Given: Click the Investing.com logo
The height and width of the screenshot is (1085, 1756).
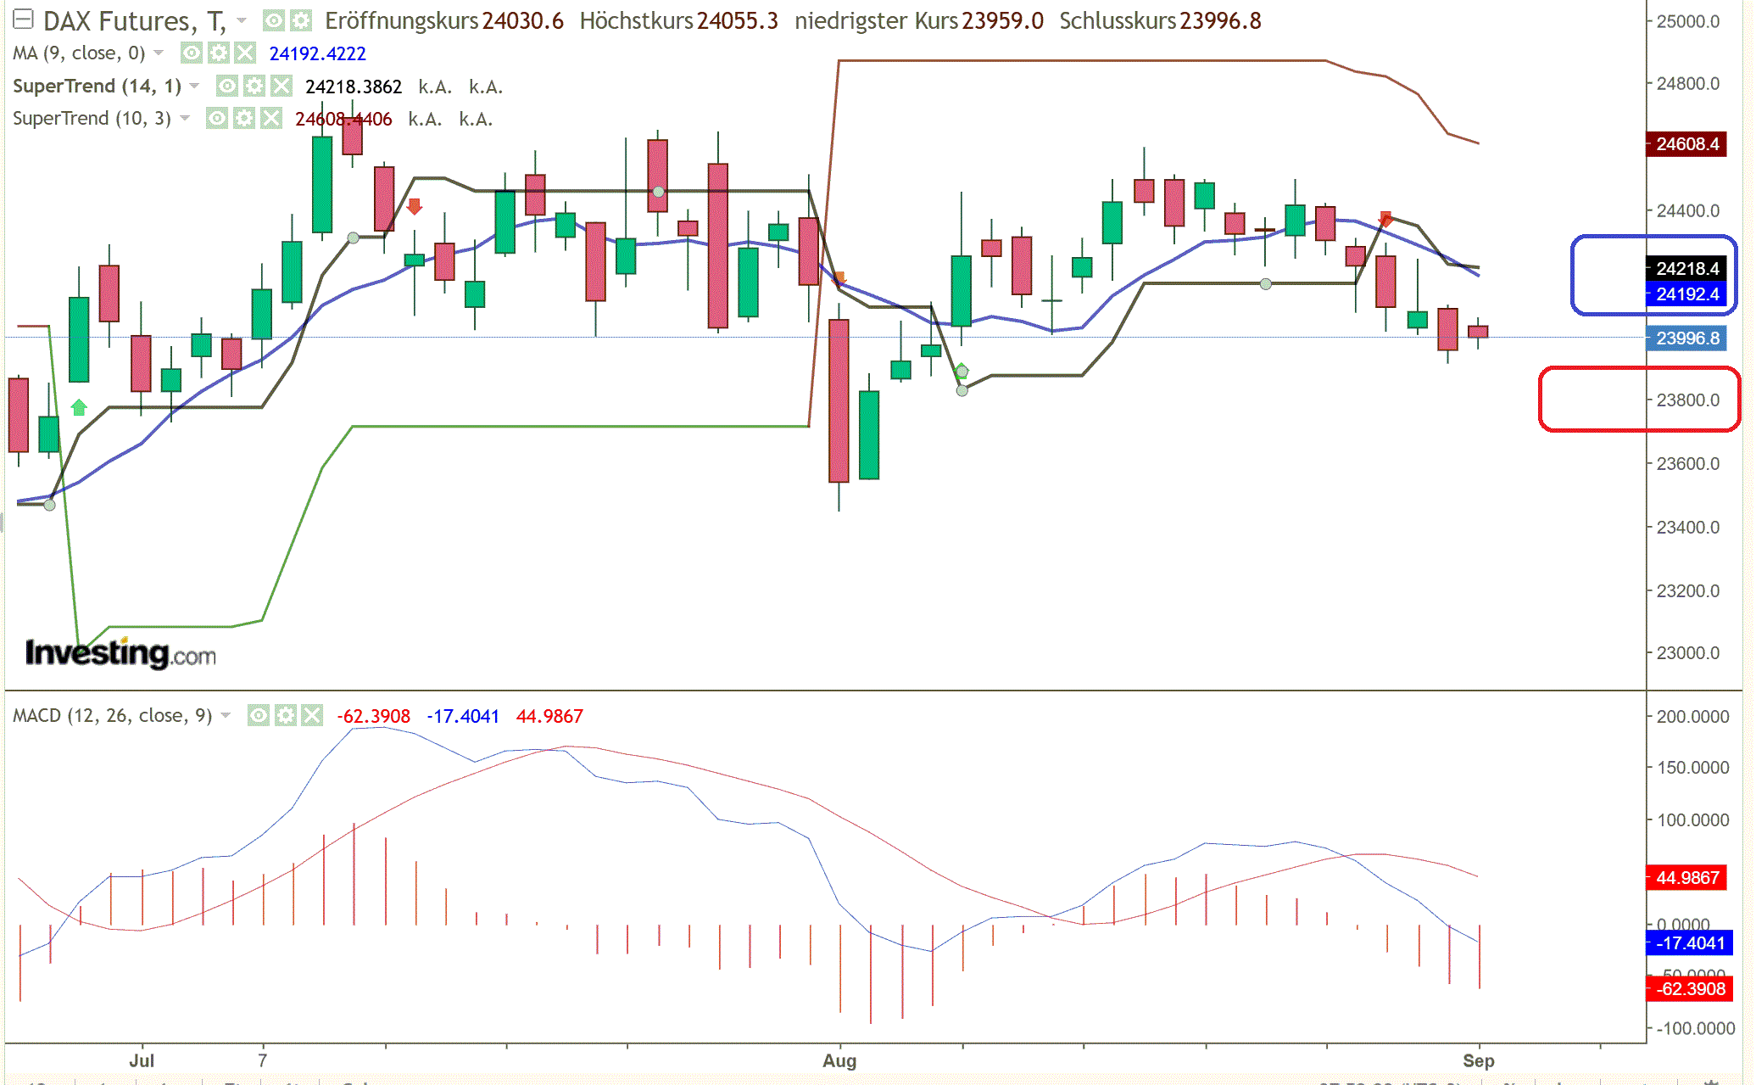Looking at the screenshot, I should (x=120, y=653).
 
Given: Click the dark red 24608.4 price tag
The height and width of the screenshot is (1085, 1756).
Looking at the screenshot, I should (x=1686, y=144).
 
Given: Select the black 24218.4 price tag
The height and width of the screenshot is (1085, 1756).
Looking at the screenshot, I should (x=1686, y=269).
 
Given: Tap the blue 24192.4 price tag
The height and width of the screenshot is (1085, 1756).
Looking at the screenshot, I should (x=1686, y=294).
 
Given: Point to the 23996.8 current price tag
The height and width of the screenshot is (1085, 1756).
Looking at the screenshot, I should (x=1686, y=338).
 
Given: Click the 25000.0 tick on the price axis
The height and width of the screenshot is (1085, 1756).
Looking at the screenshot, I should (x=1687, y=21).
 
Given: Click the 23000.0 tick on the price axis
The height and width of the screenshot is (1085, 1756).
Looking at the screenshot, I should (x=1687, y=653).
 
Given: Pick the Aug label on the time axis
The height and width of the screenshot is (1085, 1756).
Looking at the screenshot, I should (x=839, y=1060).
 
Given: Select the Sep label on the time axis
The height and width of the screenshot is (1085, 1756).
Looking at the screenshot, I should (x=1478, y=1060).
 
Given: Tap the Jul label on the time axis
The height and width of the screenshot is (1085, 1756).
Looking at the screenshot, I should (x=142, y=1060).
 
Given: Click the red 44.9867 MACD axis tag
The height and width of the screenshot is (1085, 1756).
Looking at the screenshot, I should (x=1686, y=877).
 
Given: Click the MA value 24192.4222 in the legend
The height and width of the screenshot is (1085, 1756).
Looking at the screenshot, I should (x=317, y=53).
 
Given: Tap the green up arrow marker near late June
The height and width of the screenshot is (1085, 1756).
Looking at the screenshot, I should (x=79, y=408).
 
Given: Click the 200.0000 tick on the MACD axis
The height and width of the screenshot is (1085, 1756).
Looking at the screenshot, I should (x=1692, y=717).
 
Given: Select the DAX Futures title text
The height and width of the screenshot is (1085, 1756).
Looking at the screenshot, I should (x=119, y=21).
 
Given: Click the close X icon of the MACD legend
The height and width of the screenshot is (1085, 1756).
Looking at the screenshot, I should (x=313, y=716).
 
